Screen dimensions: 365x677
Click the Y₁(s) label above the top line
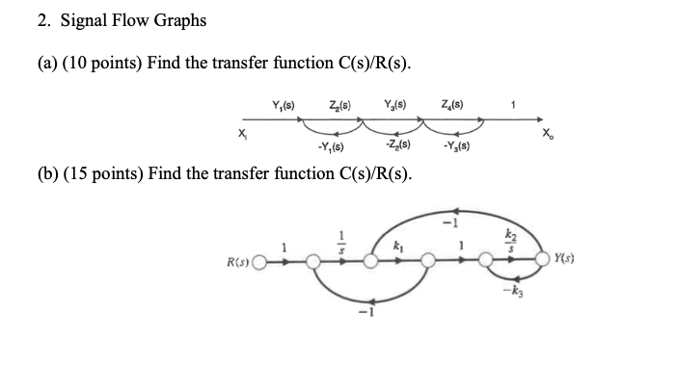click(284, 102)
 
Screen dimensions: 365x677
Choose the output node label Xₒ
click(549, 136)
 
